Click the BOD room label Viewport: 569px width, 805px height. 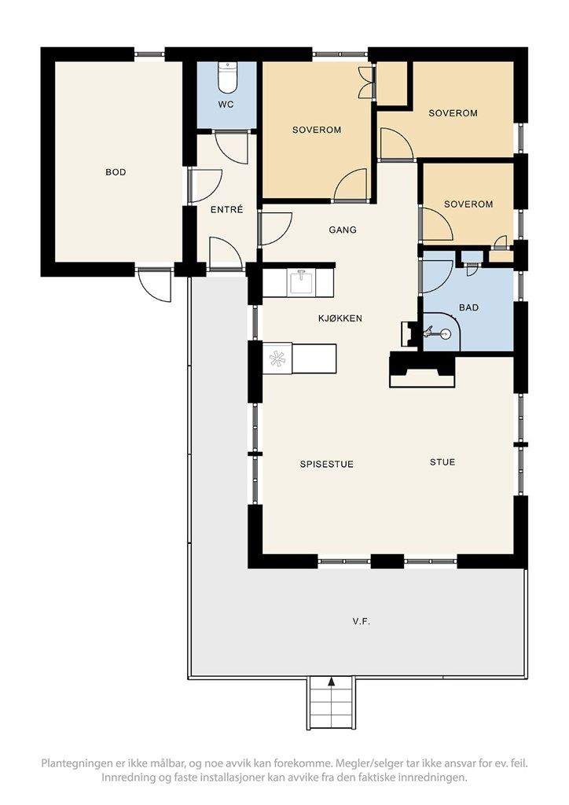(x=116, y=172)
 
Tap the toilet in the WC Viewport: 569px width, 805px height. (x=227, y=76)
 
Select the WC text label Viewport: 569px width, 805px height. (x=226, y=105)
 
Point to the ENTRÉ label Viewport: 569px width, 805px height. (x=227, y=209)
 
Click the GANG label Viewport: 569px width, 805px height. (x=343, y=230)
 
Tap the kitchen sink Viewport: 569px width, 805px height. (x=302, y=282)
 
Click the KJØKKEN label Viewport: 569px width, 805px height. (x=340, y=318)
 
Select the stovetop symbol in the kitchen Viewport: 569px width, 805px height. (x=277, y=358)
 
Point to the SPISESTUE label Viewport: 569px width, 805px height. (x=327, y=464)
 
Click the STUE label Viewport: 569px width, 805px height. (x=442, y=462)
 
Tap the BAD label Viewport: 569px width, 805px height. (x=469, y=307)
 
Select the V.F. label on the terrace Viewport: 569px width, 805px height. (x=362, y=622)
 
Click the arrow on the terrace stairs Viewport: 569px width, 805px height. (x=332, y=682)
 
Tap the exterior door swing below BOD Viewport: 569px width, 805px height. (x=154, y=285)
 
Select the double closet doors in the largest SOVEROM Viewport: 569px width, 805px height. (x=365, y=81)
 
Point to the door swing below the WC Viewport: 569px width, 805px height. (x=231, y=149)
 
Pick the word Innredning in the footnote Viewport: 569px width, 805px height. (x=128, y=777)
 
